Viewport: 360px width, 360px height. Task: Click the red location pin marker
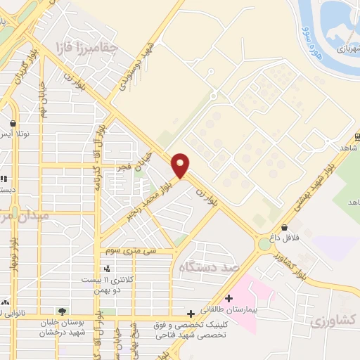click(x=181, y=165)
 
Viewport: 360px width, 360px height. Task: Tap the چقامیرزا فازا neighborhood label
click(x=87, y=48)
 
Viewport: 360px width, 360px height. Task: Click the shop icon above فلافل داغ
click(x=284, y=228)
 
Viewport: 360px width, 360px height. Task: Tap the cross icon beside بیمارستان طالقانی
click(x=229, y=297)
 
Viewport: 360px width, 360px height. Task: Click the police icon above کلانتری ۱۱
click(x=106, y=268)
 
